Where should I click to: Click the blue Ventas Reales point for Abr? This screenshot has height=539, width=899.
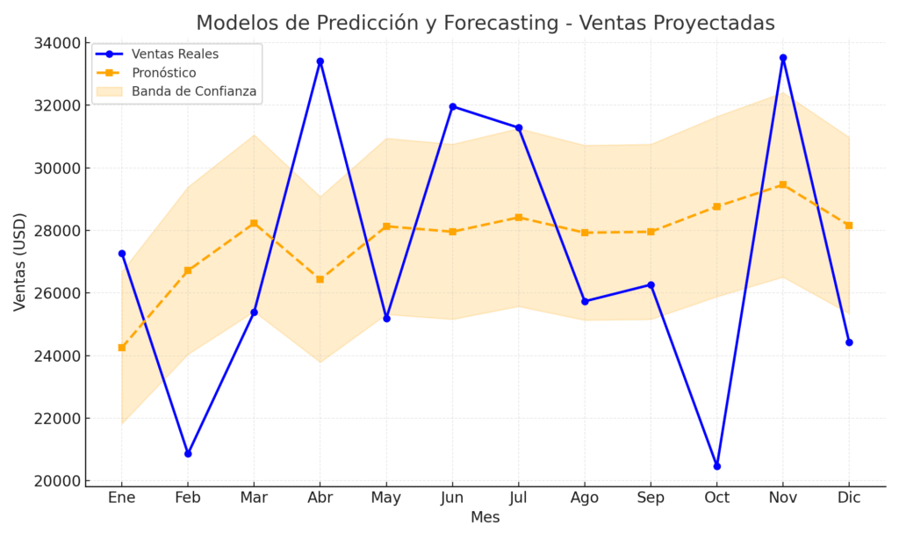pos(320,61)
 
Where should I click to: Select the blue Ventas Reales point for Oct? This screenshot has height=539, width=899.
pos(716,466)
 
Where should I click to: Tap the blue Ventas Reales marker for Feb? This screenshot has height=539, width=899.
pos(188,454)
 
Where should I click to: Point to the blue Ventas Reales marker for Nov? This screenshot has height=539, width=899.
pos(783,58)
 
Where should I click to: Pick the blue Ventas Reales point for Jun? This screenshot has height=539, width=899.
pos(452,107)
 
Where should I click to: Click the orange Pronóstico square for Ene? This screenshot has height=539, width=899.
pos(122,348)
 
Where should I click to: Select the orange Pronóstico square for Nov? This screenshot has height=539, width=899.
pos(783,184)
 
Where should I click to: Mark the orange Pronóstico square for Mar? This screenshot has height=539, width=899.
pos(254,223)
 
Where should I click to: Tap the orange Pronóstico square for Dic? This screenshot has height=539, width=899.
pos(849,226)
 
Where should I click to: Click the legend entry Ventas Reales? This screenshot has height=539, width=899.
pos(175,54)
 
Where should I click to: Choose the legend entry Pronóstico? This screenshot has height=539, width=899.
pos(163,73)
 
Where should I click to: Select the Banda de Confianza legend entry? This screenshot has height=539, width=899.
pos(193,91)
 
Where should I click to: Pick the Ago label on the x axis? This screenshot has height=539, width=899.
pos(585,498)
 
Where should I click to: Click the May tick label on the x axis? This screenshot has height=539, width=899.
pos(386,498)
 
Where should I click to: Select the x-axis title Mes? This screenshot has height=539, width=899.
pos(485,518)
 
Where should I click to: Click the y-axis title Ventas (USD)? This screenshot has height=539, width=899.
pos(20,262)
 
